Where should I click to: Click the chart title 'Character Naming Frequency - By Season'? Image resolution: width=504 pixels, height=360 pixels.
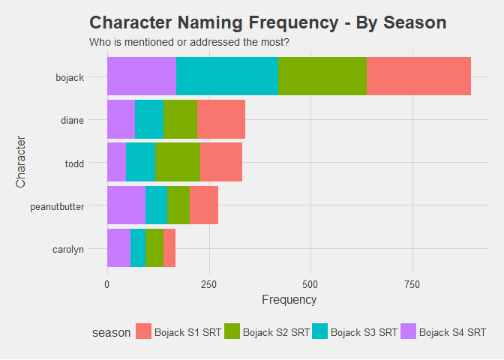(267, 22)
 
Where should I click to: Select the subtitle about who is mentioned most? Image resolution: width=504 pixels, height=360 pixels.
(189, 41)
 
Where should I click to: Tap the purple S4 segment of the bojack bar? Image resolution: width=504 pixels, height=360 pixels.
(142, 76)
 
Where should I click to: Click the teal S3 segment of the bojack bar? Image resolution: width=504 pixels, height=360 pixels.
(227, 76)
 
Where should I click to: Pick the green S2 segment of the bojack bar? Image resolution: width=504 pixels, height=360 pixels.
(322, 76)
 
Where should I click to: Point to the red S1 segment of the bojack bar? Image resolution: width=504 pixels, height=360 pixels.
(418, 76)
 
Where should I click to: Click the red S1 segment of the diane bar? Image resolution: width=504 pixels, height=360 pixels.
(221, 119)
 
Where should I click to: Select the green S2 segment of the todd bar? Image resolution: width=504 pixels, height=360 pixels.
(178, 162)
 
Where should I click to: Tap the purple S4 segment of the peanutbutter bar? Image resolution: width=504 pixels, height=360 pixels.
(126, 205)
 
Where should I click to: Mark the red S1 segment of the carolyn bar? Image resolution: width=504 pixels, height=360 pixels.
(169, 247)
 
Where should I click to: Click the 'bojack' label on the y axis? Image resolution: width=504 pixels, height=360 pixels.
(70, 76)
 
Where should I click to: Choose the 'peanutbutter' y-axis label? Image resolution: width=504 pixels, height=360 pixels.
(57, 205)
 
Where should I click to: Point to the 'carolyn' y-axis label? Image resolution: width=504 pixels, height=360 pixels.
(67, 248)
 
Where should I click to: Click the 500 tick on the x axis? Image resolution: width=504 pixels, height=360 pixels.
(310, 284)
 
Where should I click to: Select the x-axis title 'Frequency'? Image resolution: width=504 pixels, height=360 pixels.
(289, 299)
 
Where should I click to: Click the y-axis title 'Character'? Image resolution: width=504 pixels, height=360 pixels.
(21, 162)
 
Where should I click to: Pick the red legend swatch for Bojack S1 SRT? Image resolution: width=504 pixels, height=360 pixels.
(143, 331)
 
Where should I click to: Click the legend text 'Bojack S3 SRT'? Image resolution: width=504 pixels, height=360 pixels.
(364, 332)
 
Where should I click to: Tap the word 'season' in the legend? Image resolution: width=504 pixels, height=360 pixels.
(106, 332)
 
